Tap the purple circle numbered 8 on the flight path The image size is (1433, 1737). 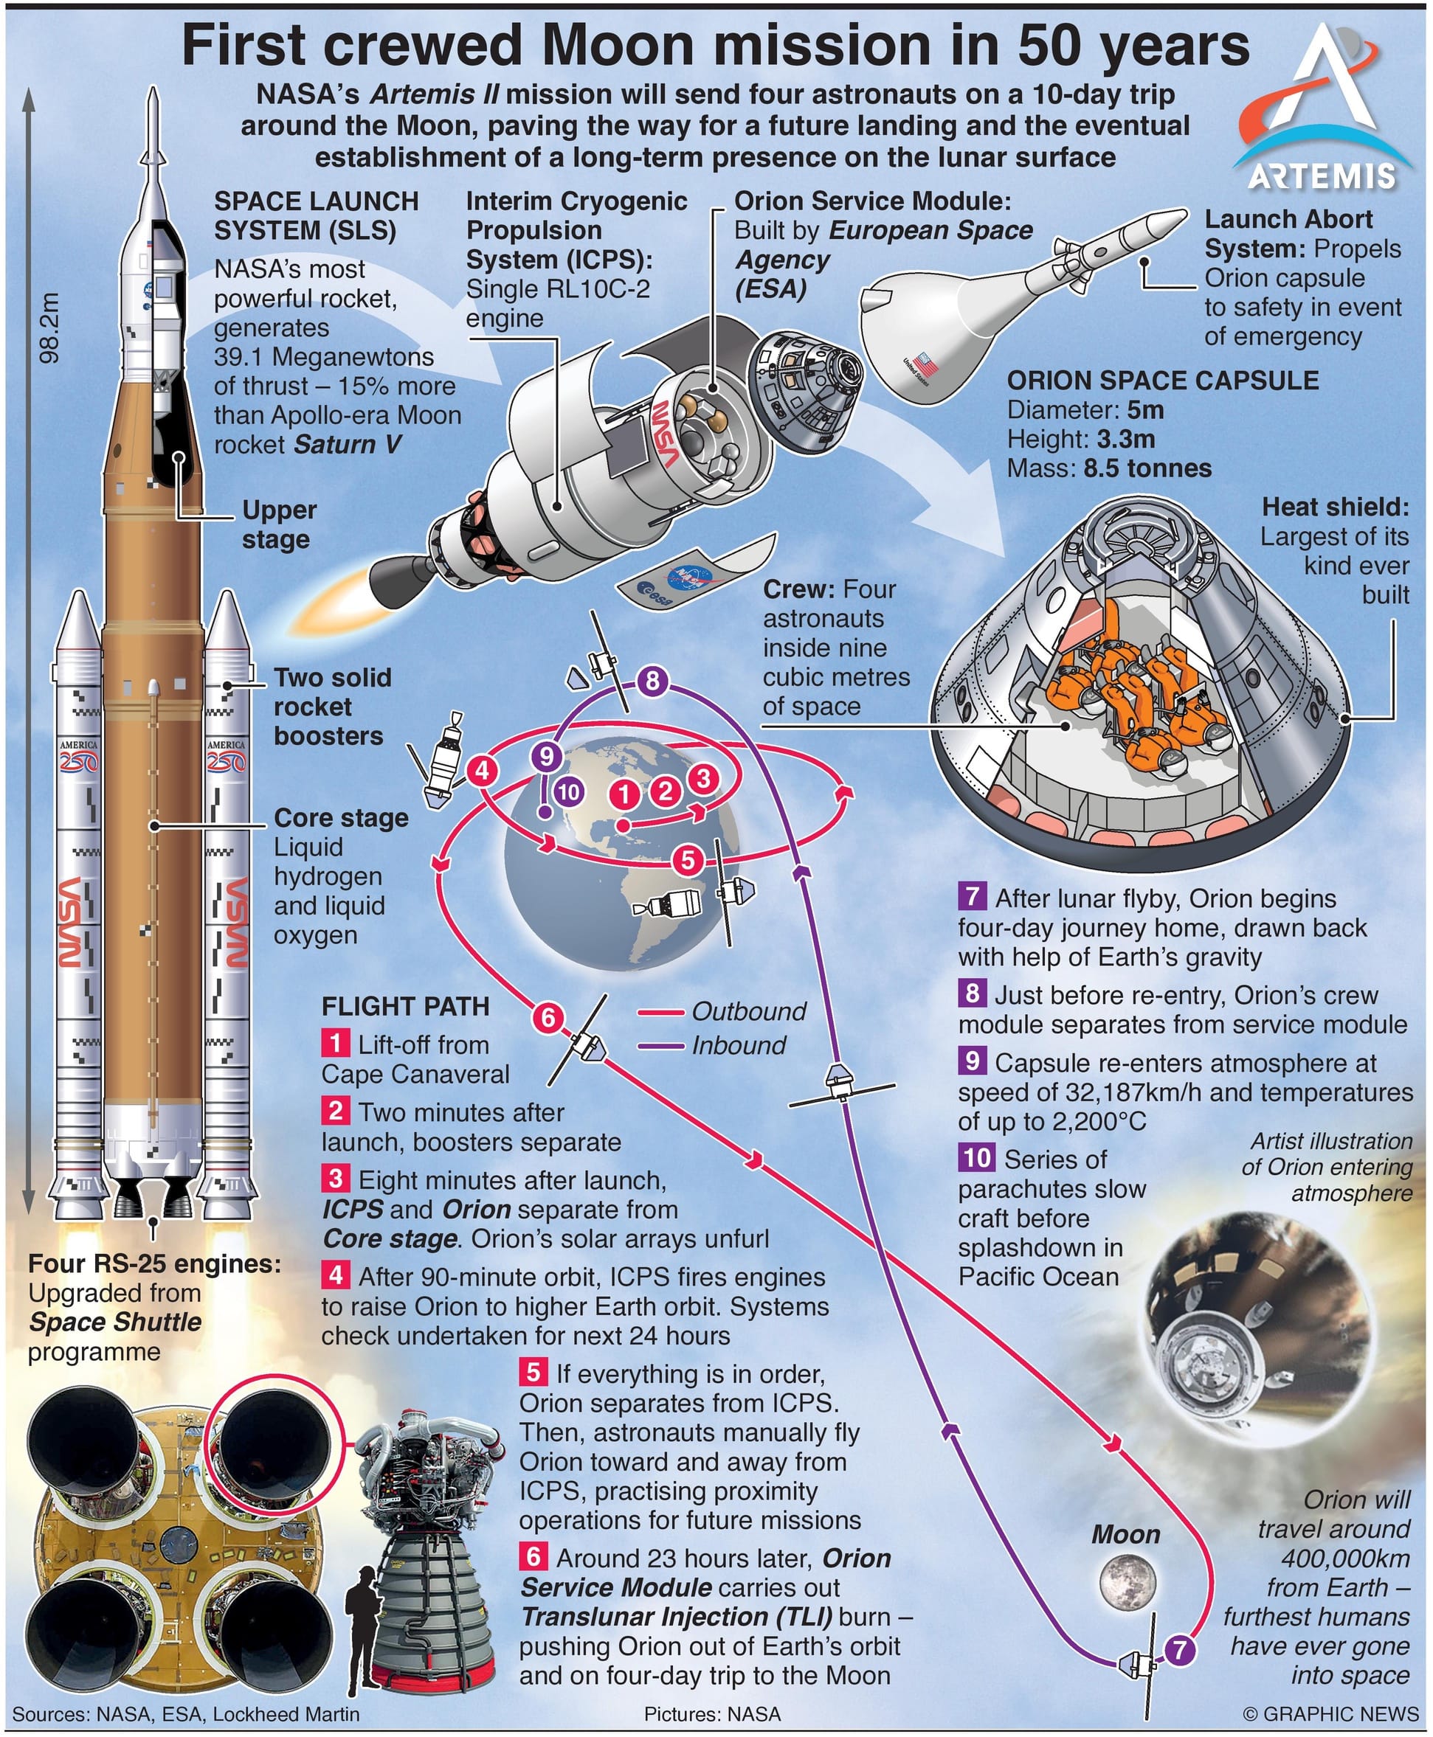tap(652, 681)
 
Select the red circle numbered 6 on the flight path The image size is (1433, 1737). tap(548, 1017)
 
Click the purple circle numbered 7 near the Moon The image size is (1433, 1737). tap(1181, 1649)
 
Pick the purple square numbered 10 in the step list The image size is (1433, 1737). tap(976, 1158)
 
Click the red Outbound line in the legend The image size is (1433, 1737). tap(660, 1012)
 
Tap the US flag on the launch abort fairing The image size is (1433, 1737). tap(925, 362)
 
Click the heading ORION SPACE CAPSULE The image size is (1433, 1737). tap(1162, 381)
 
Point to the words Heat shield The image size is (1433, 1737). tap(1335, 507)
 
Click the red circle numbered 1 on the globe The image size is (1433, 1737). tap(625, 794)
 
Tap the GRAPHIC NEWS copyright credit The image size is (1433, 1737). tap(1330, 1714)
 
